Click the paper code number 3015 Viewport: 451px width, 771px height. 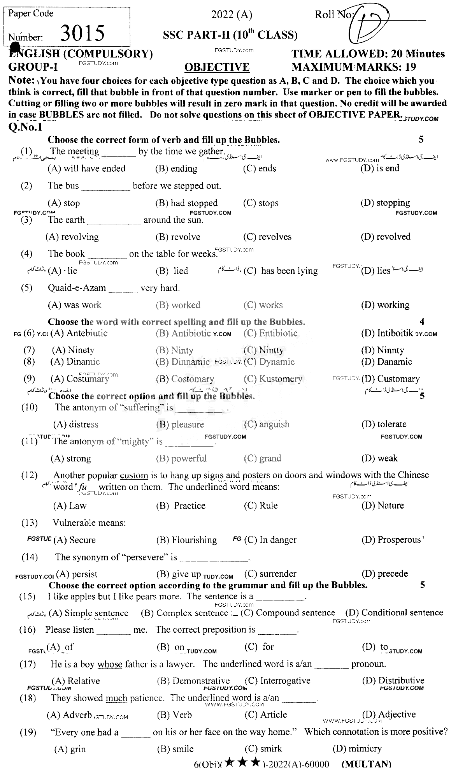coord(82,33)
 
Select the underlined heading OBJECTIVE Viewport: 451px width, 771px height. coord(217,67)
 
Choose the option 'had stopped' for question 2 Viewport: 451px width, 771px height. coord(194,203)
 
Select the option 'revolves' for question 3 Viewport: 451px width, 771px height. coord(275,237)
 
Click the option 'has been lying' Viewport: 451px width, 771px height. coord(289,271)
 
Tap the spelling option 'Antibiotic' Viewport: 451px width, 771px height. coord(191,333)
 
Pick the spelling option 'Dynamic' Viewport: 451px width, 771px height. coord(277,362)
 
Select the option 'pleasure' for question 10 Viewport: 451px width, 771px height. coord(188,424)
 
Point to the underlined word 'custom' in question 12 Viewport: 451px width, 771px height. coord(134,475)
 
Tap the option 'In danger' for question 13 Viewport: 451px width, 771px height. coord(278,540)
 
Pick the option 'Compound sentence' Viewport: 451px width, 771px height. coord(295,613)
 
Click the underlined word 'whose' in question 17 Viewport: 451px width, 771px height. coord(110,664)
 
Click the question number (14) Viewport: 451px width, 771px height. coord(30,557)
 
